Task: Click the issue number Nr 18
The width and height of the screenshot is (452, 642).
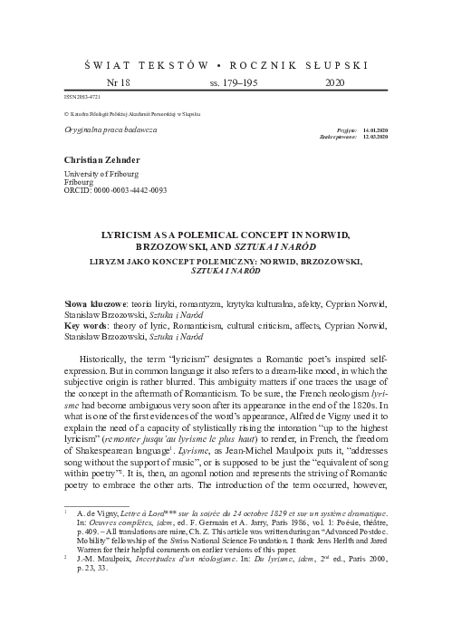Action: (x=119, y=81)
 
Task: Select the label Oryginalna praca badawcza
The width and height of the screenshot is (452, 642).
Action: (x=106, y=130)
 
